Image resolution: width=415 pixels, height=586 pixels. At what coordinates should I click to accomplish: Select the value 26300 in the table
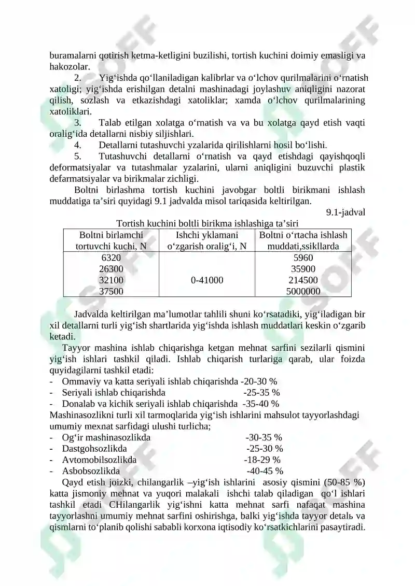[x=111, y=269]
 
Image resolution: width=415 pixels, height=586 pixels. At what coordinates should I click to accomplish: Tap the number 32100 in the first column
[x=111, y=280]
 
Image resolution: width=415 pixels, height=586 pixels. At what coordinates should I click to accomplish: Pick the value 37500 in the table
[x=111, y=291]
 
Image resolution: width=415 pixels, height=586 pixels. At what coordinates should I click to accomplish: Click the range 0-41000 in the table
[x=207, y=280]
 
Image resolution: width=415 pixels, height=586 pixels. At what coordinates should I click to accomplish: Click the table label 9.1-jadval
[x=345, y=212]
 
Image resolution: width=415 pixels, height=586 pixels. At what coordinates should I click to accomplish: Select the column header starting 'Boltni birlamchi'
[x=111, y=240]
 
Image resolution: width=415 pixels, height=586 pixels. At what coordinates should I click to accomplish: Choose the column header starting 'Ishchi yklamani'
[x=207, y=240]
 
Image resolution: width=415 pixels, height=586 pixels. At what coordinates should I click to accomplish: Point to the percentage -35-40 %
[x=261, y=404]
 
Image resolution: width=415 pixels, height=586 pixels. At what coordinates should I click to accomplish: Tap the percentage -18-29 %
[x=262, y=460]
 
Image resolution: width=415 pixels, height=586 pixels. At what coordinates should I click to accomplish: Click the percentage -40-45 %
[x=265, y=471]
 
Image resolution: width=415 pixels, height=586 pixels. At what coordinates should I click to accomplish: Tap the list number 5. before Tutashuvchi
[x=78, y=156]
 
